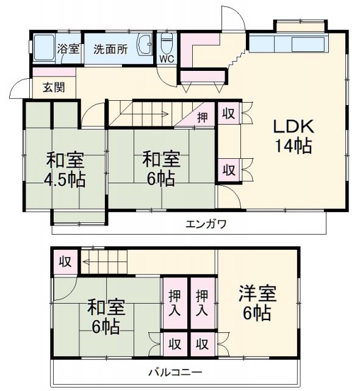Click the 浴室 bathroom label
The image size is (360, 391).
tap(68, 49)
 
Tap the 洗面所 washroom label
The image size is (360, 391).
tap(110, 49)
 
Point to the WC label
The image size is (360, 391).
tap(166, 59)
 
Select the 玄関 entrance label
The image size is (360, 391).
tap(53, 87)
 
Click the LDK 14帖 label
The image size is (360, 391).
tap(293, 136)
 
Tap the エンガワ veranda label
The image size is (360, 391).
tap(206, 224)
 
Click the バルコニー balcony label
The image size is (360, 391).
tap(175, 371)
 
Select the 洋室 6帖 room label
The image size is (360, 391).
tap(257, 303)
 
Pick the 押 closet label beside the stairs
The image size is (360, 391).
tap(201, 116)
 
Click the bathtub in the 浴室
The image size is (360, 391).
tap(43, 48)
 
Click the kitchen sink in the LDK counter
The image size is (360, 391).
tap(309, 45)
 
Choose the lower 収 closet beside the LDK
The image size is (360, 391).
tap(229, 168)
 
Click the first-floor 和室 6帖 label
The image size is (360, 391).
tap(161, 169)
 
